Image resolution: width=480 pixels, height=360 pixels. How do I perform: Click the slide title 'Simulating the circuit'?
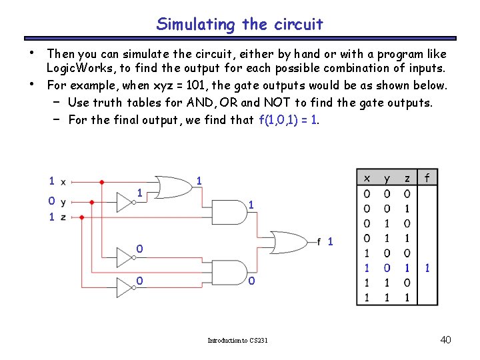click(x=240, y=25)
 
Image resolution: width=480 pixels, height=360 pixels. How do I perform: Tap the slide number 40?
click(x=446, y=340)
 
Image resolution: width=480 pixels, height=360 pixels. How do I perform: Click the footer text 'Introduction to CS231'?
click(x=237, y=341)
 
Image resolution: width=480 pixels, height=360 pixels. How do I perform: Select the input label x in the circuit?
click(x=63, y=181)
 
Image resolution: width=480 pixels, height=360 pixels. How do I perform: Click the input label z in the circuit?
click(x=63, y=217)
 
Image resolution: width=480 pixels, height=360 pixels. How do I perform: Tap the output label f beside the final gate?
click(x=319, y=241)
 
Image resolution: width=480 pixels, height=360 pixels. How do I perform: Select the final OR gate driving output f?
click(x=288, y=240)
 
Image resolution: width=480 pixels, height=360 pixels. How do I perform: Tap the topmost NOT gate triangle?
click(x=125, y=201)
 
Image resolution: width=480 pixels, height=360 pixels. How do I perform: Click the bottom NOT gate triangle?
click(x=125, y=287)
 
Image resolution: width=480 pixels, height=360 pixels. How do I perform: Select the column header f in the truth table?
click(x=427, y=178)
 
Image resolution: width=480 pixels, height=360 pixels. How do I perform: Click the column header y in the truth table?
click(x=387, y=178)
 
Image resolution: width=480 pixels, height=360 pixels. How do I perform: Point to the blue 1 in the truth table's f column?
click(x=427, y=268)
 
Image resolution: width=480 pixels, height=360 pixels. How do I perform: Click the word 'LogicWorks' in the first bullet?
click(x=75, y=68)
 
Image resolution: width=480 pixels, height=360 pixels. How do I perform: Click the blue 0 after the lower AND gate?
click(x=251, y=281)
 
